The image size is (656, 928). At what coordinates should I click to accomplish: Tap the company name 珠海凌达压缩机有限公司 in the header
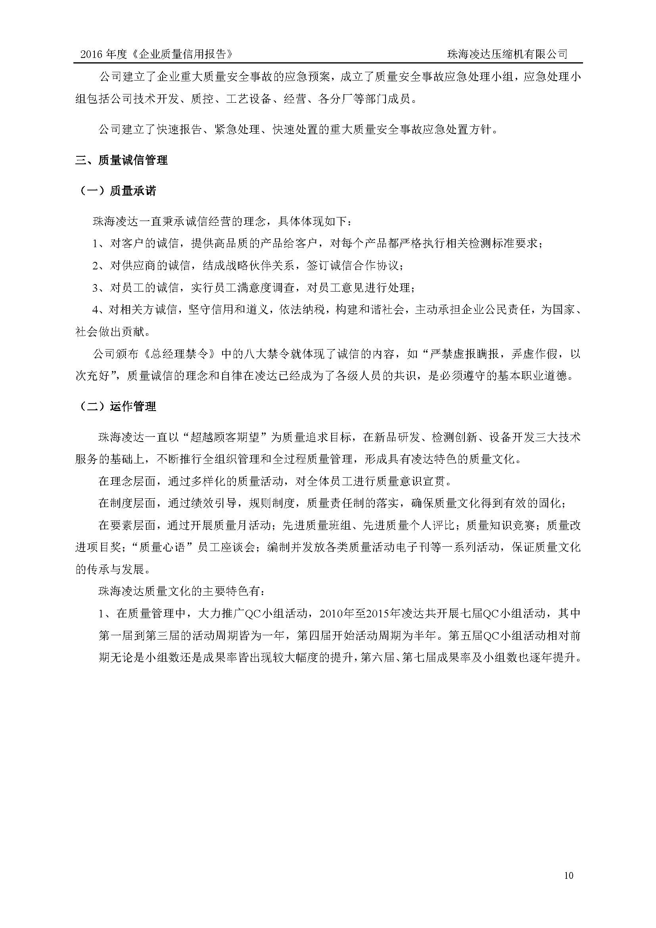click(507, 54)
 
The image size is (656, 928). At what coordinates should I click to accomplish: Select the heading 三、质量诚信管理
click(122, 160)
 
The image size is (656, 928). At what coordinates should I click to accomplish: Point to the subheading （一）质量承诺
click(116, 191)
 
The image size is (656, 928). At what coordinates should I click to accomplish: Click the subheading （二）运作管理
click(116, 406)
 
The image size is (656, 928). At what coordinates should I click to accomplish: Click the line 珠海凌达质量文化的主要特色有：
click(182, 592)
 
